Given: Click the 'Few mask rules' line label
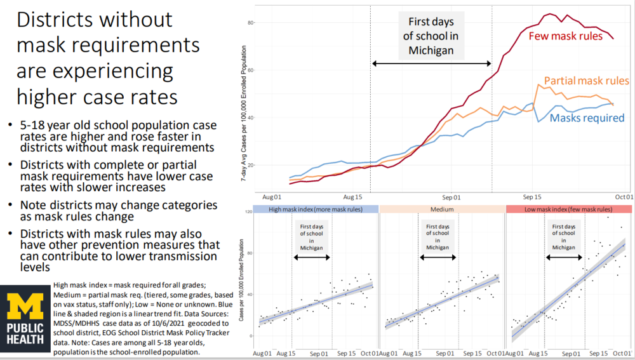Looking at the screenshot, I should click(566, 36).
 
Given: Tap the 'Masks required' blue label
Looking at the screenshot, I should click(587, 117).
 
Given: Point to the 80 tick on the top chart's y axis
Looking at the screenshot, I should click(250, 23).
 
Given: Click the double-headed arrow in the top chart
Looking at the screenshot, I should click(431, 63).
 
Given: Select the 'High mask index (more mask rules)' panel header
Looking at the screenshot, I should click(314, 209).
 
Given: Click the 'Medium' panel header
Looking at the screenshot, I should click(442, 209).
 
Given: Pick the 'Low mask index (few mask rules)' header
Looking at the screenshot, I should click(569, 209).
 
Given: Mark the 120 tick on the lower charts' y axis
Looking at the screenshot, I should click(248, 212).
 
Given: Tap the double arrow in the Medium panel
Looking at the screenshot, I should click(438, 257).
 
